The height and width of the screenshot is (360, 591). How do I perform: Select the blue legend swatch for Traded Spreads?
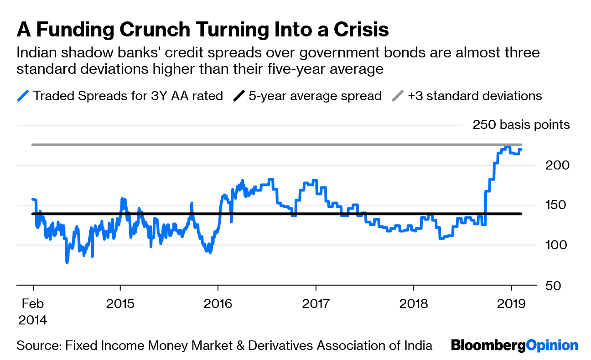tap(23, 96)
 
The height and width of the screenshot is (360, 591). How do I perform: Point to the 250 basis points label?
tap(521, 125)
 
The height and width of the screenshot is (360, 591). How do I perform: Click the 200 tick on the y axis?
tap(557, 165)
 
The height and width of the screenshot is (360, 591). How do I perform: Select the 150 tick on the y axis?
tap(557, 205)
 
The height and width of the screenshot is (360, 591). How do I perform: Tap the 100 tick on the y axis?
tap(557, 245)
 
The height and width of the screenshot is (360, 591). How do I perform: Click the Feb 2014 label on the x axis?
tap(32, 311)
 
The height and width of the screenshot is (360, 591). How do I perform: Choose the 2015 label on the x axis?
tap(120, 303)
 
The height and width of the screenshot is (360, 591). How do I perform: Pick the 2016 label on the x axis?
tap(218, 303)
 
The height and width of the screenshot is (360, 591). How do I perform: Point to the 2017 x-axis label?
tap(316, 303)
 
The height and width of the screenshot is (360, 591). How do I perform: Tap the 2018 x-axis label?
tap(414, 303)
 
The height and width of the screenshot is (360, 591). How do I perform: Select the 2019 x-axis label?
tap(511, 303)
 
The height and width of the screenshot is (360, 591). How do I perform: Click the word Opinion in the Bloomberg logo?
tap(552, 345)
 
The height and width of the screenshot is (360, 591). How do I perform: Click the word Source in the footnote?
tap(36, 345)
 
